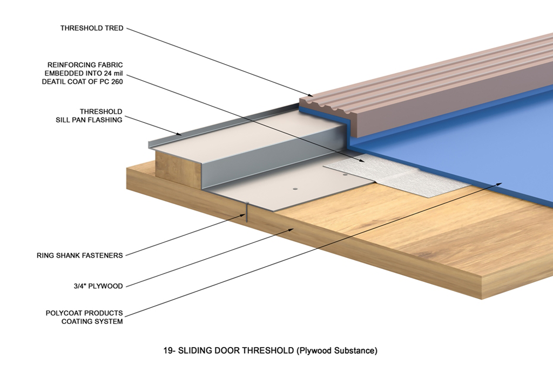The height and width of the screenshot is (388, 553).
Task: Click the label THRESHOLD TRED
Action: point(92,28)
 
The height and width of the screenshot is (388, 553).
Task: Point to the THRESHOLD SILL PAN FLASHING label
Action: point(89,116)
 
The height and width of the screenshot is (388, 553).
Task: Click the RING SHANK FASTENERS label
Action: point(80,255)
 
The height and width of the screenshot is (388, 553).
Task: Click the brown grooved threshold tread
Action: point(432,75)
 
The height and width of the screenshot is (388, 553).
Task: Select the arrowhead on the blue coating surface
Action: point(500,184)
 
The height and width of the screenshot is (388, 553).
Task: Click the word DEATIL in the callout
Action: point(53,82)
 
